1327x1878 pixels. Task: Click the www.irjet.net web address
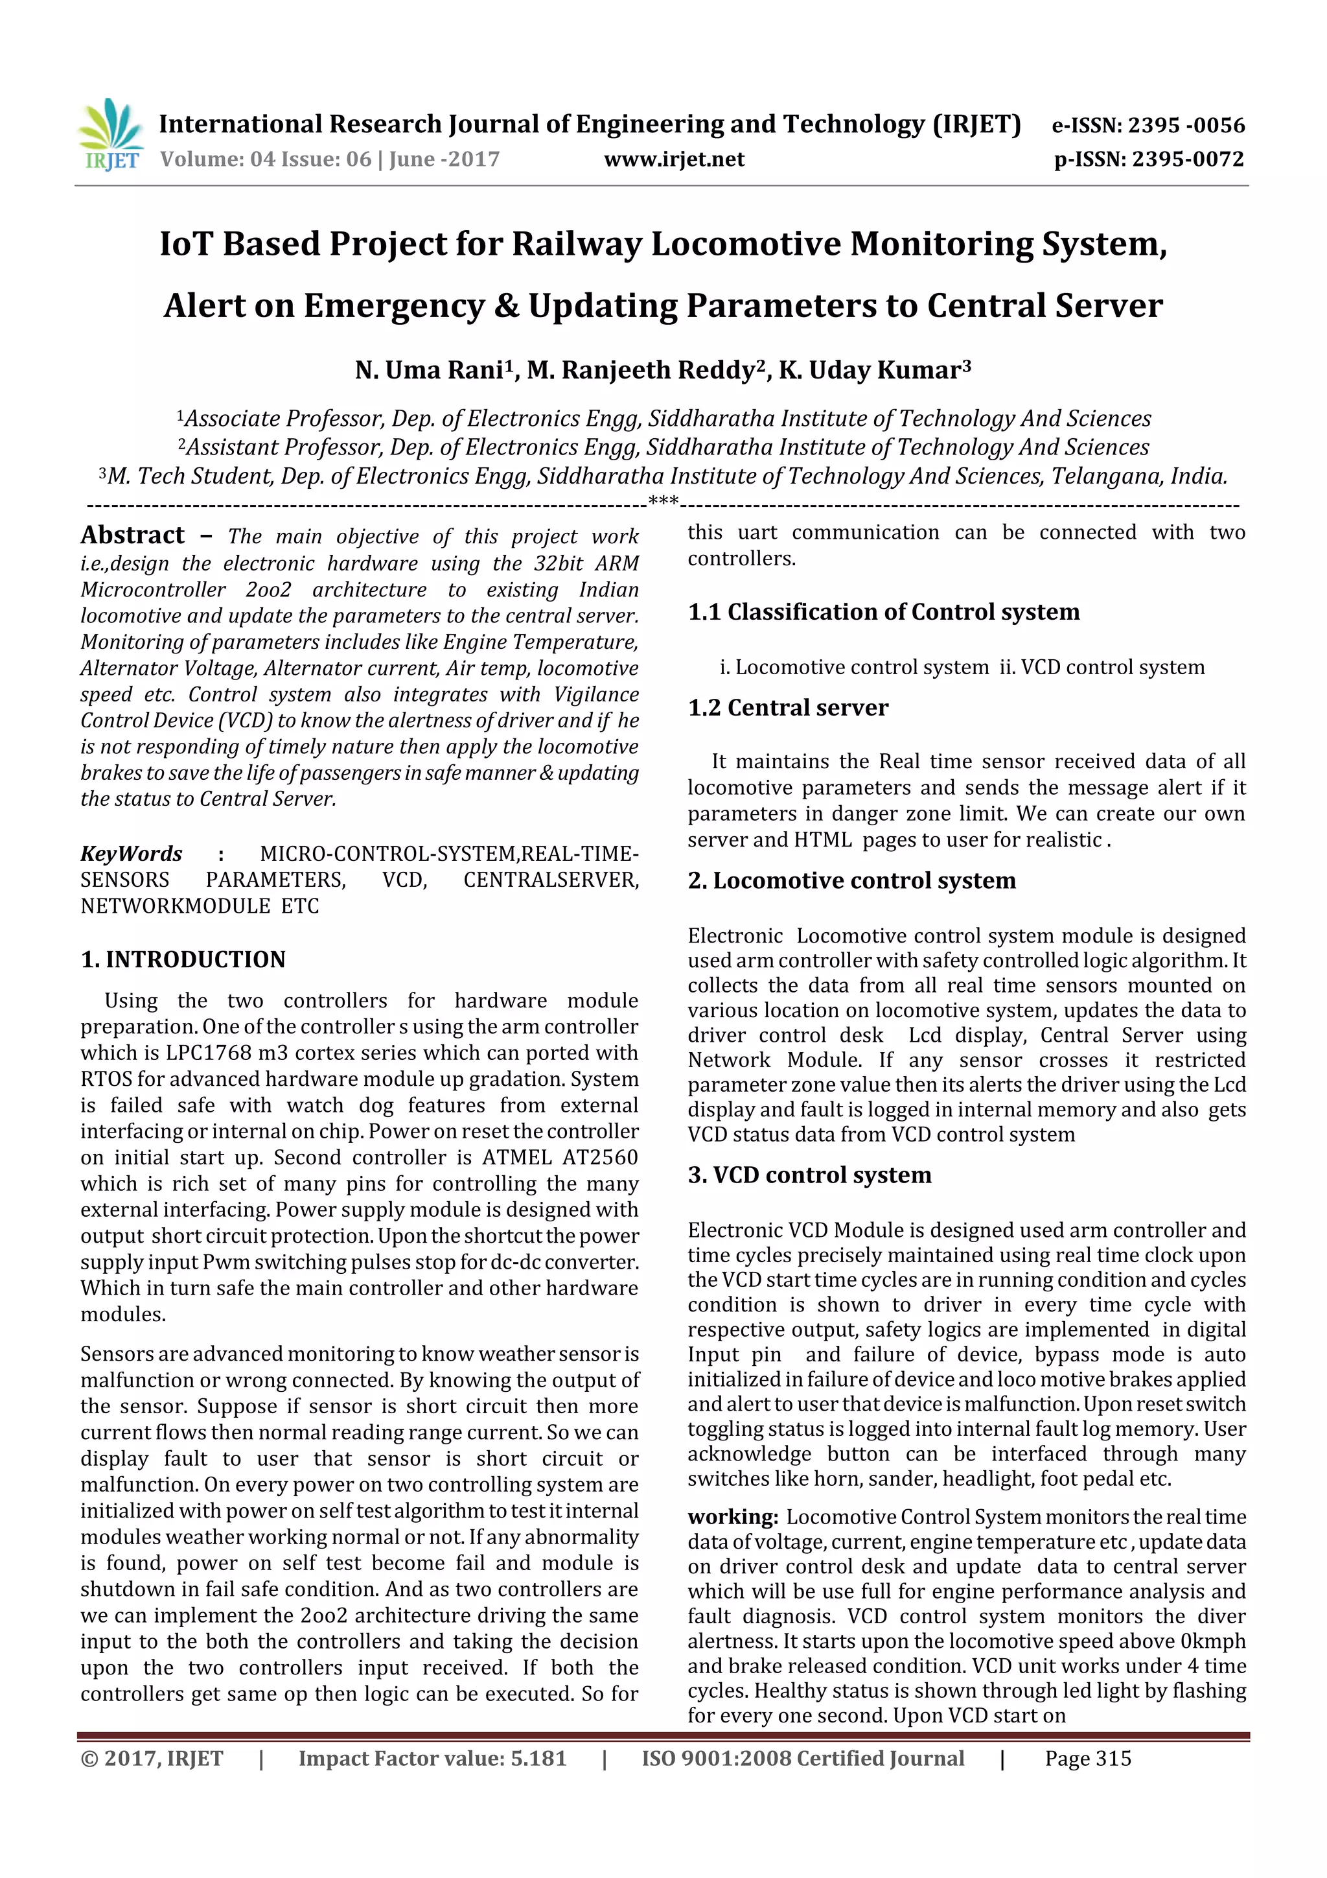pos(674,159)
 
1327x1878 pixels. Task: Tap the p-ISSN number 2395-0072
pos(1187,159)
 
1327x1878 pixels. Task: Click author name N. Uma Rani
pos(428,371)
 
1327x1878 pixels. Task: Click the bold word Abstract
pos(132,535)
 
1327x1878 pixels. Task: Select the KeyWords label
pos(131,854)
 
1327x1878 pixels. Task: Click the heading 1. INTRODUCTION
pos(183,959)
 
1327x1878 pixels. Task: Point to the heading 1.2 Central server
pos(787,707)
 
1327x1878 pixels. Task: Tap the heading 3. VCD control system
pos(809,1175)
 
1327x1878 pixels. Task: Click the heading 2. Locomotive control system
pos(851,881)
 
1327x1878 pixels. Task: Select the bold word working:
pos(732,1518)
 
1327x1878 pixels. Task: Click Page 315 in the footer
pos(1087,1759)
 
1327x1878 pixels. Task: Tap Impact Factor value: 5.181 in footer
pos(432,1759)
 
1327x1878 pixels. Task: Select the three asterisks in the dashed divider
pos(662,501)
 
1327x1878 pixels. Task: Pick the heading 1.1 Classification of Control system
pos(883,612)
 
